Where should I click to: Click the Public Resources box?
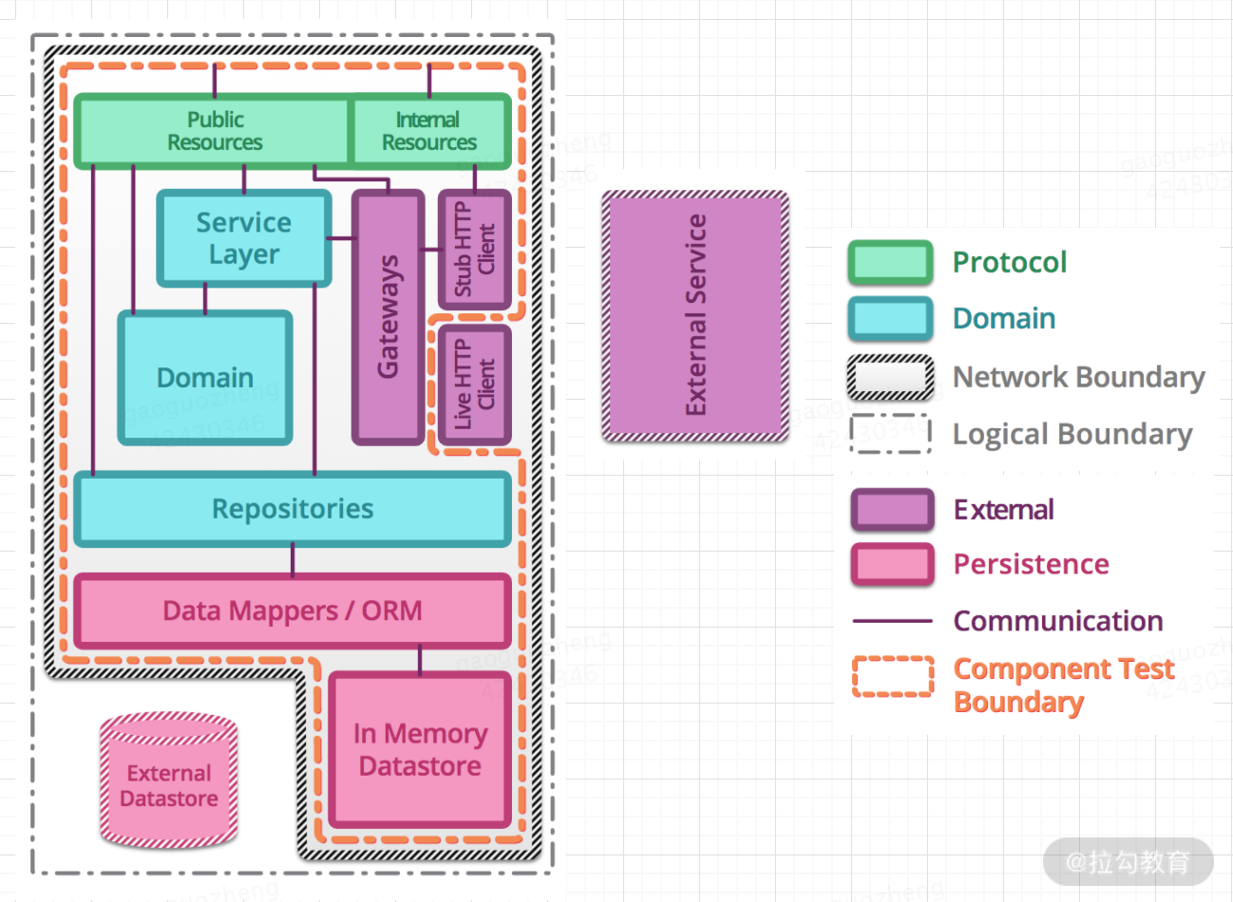(x=215, y=131)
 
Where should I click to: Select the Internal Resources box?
(x=429, y=131)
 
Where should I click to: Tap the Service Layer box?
(x=244, y=238)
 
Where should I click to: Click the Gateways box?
(x=389, y=317)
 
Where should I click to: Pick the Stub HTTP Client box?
(x=475, y=249)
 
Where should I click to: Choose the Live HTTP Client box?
(x=475, y=385)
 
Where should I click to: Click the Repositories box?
(x=293, y=509)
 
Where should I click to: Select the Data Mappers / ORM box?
(x=293, y=611)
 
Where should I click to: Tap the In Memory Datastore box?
(x=420, y=749)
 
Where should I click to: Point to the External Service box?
(x=695, y=315)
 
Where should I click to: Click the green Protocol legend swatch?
(x=890, y=263)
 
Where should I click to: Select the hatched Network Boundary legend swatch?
(x=890, y=377)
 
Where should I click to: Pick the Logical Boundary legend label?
(x=1072, y=434)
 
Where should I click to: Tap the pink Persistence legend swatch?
(x=892, y=564)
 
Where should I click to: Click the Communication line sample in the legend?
(x=892, y=621)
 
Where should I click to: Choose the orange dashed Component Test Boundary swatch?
(x=892, y=677)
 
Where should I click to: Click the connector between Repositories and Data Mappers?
(x=293, y=560)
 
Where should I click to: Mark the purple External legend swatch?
(x=892, y=510)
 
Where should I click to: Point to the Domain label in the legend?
(x=1004, y=319)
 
